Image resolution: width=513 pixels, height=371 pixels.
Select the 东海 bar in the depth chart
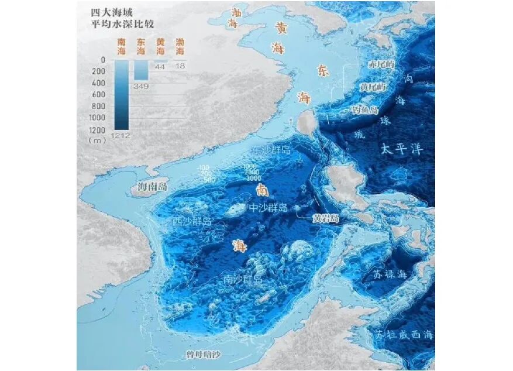tap(141, 70)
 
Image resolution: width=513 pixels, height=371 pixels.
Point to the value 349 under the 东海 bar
tap(141, 86)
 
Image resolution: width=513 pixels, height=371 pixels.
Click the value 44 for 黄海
tap(160, 67)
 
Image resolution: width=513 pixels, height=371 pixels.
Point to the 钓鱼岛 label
tap(364, 110)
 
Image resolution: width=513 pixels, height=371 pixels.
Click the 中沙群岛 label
tap(267, 208)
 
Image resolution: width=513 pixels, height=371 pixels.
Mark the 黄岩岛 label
tap(325, 218)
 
